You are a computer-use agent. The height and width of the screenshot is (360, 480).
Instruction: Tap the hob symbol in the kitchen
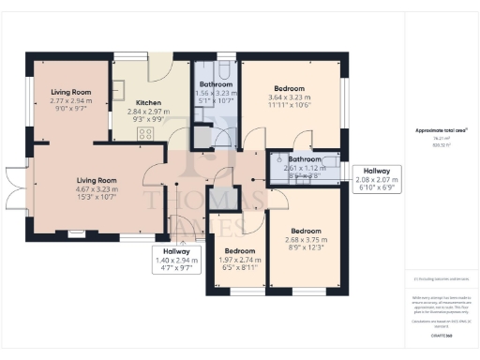[x=146, y=134]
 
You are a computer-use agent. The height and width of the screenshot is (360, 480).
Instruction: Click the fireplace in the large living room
[x=74, y=234]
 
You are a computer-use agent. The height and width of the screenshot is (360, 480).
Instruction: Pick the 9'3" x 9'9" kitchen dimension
[x=150, y=119]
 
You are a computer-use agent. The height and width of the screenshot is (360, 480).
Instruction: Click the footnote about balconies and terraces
[x=440, y=278]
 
